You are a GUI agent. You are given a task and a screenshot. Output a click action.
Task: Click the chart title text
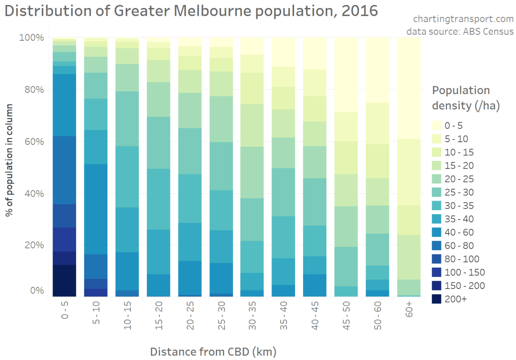coord(191,11)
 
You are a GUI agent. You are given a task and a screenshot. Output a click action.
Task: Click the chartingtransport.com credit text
coord(463,19)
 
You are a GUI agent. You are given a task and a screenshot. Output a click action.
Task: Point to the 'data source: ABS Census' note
coord(460,31)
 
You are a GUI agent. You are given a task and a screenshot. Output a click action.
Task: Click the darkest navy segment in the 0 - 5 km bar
coord(64,280)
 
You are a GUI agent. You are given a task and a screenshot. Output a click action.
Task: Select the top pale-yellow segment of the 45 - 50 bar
coord(347,75)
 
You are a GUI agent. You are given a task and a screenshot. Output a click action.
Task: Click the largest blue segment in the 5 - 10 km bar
coord(95,209)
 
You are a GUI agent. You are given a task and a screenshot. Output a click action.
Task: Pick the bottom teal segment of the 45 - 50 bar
coord(347,291)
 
